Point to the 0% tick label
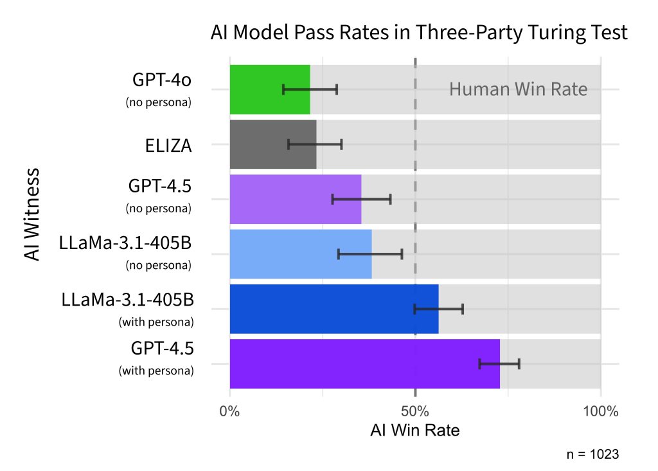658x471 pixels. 229,411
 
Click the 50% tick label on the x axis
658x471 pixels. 415,411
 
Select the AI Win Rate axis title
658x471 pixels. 414,430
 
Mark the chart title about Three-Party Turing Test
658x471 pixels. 419,33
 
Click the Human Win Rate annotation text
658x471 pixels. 518,89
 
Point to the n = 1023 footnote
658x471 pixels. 592,454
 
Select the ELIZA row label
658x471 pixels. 168,145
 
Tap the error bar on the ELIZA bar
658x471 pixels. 315,144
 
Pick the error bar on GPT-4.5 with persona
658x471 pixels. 499,364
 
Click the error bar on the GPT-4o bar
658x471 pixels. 310,89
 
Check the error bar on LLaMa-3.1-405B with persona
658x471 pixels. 438,309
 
